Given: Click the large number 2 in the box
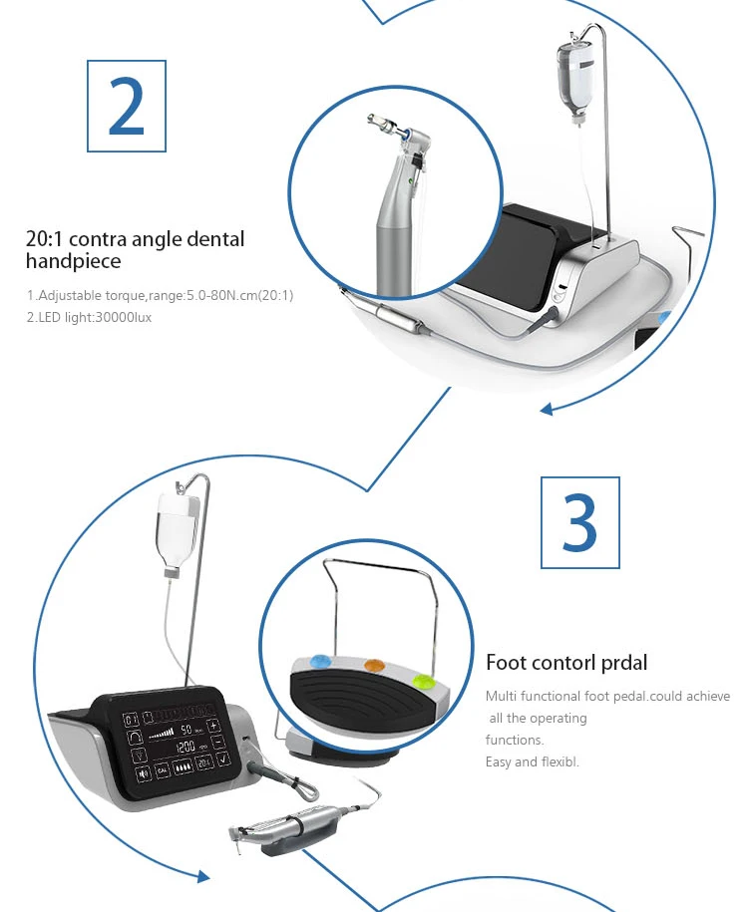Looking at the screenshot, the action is pos(127,107).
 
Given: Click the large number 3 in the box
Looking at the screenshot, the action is pos(579,522).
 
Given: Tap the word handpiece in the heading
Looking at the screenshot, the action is pos(74,261).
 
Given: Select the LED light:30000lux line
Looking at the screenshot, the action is pos(89,318).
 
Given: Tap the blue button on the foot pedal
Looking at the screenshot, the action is pos(319,661).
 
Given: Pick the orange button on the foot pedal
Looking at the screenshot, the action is pos(374,665).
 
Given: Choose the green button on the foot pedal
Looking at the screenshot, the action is pos(423,680).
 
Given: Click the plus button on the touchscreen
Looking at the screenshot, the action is pos(213,726).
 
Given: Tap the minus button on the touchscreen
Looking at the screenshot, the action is pos(217,742).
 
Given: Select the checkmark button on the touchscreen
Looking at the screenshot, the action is pos(223,759).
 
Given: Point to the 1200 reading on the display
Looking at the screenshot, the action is pos(186,746).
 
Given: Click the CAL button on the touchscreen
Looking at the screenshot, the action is pos(163,770).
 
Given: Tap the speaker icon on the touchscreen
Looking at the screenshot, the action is pos(144,773).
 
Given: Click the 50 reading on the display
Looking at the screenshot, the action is pos(187,730).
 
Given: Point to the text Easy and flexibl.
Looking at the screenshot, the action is pos(532,761).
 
